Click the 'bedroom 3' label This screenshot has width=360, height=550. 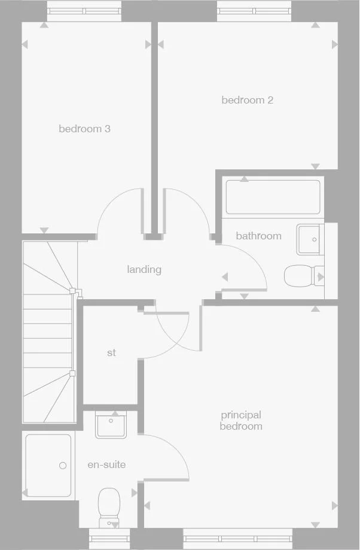(x=84, y=129)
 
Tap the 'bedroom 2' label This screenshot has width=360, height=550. (x=247, y=100)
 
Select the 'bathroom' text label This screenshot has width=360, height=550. (x=258, y=236)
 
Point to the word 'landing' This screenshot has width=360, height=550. (x=144, y=269)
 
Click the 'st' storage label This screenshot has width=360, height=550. (x=111, y=353)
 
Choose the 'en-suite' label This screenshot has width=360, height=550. (x=106, y=464)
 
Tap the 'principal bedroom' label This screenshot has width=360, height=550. (x=241, y=420)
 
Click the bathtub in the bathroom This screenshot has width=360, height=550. (x=273, y=197)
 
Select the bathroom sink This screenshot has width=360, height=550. (x=310, y=239)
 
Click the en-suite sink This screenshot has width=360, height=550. (x=111, y=425)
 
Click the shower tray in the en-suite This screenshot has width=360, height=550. (x=48, y=466)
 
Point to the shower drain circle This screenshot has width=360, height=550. (x=62, y=465)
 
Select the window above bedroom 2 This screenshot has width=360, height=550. (x=254, y=11)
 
